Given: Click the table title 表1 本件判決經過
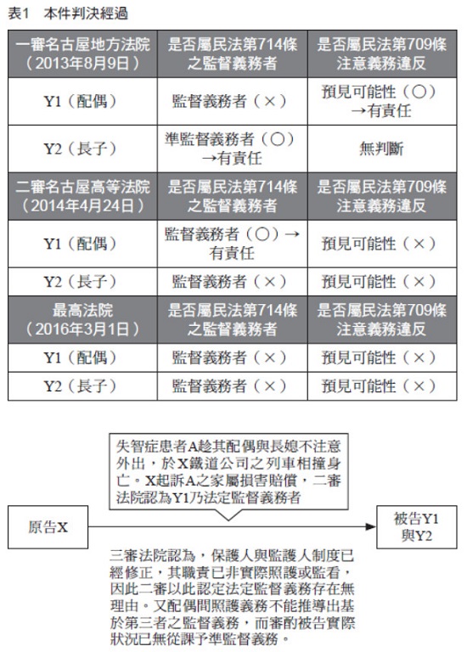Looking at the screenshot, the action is pyautogui.click(x=68, y=14).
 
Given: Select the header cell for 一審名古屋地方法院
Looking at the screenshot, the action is pyautogui.click(x=82, y=53).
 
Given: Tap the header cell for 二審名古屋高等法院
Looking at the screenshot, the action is pyautogui.click(x=82, y=196).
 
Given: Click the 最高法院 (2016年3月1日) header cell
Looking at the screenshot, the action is pyautogui.click(x=82, y=320).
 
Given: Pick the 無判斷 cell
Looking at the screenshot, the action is pyautogui.click(x=382, y=149).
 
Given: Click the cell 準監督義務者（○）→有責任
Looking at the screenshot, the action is pyautogui.click(x=233, y=149).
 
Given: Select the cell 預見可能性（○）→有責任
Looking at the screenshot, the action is pyautogui.click(x=382, y=101).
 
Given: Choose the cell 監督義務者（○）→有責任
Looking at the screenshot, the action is pyautogui.click(x=233, y=244).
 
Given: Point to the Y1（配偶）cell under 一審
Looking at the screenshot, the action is pyautogui.click(x=82, y=101).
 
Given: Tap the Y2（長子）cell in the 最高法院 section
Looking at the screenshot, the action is pyautogui.click(x=82, y=386).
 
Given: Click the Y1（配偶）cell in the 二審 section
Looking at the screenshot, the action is pyautogui.click(x=82, y=244).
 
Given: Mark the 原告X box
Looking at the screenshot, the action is pyautogui.click(x=48, y=527).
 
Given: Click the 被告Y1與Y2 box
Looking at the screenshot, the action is pyautogui.click(x=417, y=527).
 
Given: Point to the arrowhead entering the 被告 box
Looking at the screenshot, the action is pyautogui.click(x=371, y=527).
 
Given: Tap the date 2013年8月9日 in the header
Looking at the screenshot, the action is pyautogui.click(x=82, y=63).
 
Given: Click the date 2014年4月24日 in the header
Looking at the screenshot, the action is pyautogui.click(x=82, y=205).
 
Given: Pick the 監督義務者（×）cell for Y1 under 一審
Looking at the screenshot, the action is pyautogui.click(x=233, y=101).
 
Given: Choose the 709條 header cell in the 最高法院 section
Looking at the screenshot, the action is pyautogui.click(x=382, y=320).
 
